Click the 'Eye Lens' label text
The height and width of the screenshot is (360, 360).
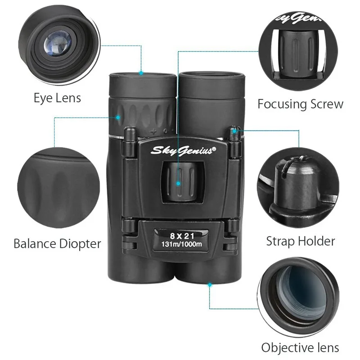coord(58,98)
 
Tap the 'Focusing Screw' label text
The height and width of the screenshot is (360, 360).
coord(300,104)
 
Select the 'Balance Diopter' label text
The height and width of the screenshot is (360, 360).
coord(58,244)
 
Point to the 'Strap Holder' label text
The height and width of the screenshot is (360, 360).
coord(301,241)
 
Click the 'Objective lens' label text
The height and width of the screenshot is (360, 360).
coord(300,347)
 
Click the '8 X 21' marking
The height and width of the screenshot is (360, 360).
coord(182,236)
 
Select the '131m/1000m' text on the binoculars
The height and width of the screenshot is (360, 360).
coord(182,244)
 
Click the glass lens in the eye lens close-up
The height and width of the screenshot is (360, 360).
coord(57,43)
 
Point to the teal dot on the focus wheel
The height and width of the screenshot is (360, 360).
coord(178,184)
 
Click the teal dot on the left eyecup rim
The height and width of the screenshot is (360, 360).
coord(141,73)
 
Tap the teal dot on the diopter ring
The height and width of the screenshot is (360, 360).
coord(118,117)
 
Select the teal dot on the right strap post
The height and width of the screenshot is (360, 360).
coord(234,131)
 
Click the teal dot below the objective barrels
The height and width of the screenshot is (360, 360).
coord(210,285)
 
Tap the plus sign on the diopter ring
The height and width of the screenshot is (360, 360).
coord(153,131)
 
